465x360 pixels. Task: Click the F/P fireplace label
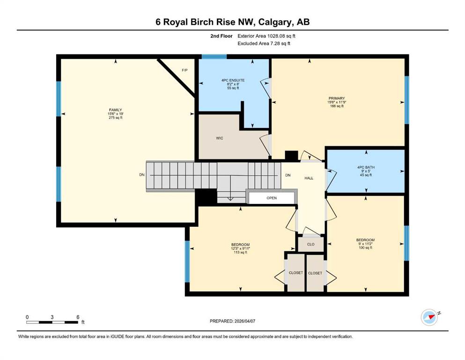185,70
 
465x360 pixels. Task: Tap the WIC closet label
220,138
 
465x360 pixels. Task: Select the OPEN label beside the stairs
272,198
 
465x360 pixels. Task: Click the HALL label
309,178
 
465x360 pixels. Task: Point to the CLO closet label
311,244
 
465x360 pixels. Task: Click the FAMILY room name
115,110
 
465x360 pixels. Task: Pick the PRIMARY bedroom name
337,98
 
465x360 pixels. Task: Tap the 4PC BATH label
366,167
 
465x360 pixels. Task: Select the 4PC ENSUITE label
233,80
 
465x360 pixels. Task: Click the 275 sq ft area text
115,118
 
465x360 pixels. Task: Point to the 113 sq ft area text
241,252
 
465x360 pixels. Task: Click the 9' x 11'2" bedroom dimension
365,244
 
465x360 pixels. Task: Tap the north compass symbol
430,317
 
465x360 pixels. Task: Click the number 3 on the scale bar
52,317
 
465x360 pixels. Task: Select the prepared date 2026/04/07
244,321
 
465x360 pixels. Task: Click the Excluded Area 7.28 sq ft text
264,43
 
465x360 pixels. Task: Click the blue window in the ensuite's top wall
214,56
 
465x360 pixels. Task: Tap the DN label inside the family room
142,175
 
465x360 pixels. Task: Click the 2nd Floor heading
221,36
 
